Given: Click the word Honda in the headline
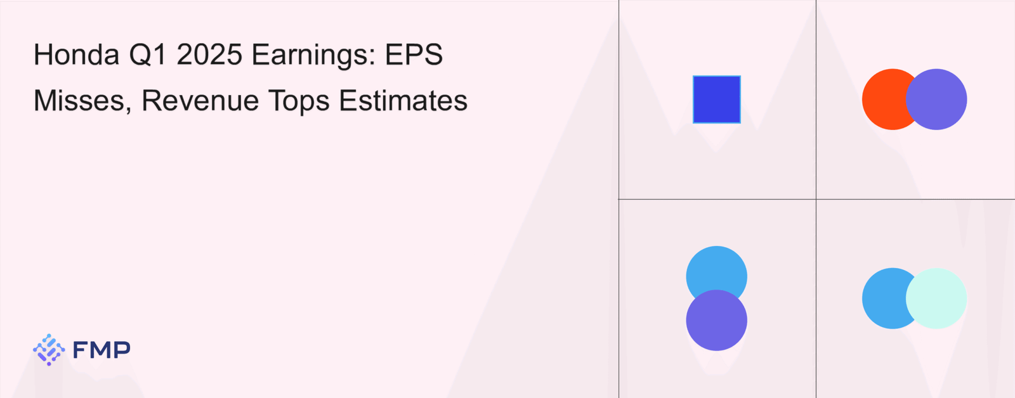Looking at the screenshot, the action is coord(77,55).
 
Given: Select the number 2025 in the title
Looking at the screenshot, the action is coord(209,55).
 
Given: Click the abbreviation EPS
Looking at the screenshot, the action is coord(414,55).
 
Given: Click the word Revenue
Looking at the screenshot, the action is coord(200,101).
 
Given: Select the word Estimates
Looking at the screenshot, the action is coord(403,101).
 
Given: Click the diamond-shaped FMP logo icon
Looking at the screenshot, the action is coord(49,350).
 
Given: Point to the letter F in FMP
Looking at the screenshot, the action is coord(80,350).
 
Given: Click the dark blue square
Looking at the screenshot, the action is coord(717,99).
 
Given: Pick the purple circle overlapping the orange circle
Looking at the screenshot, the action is coord(936,99).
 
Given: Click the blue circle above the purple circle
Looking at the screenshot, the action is coord(717,269).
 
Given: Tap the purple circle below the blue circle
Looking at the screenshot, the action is coord(717,320).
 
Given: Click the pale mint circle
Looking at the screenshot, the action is coord(936,298).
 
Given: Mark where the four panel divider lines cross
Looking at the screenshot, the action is coord(816,199).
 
